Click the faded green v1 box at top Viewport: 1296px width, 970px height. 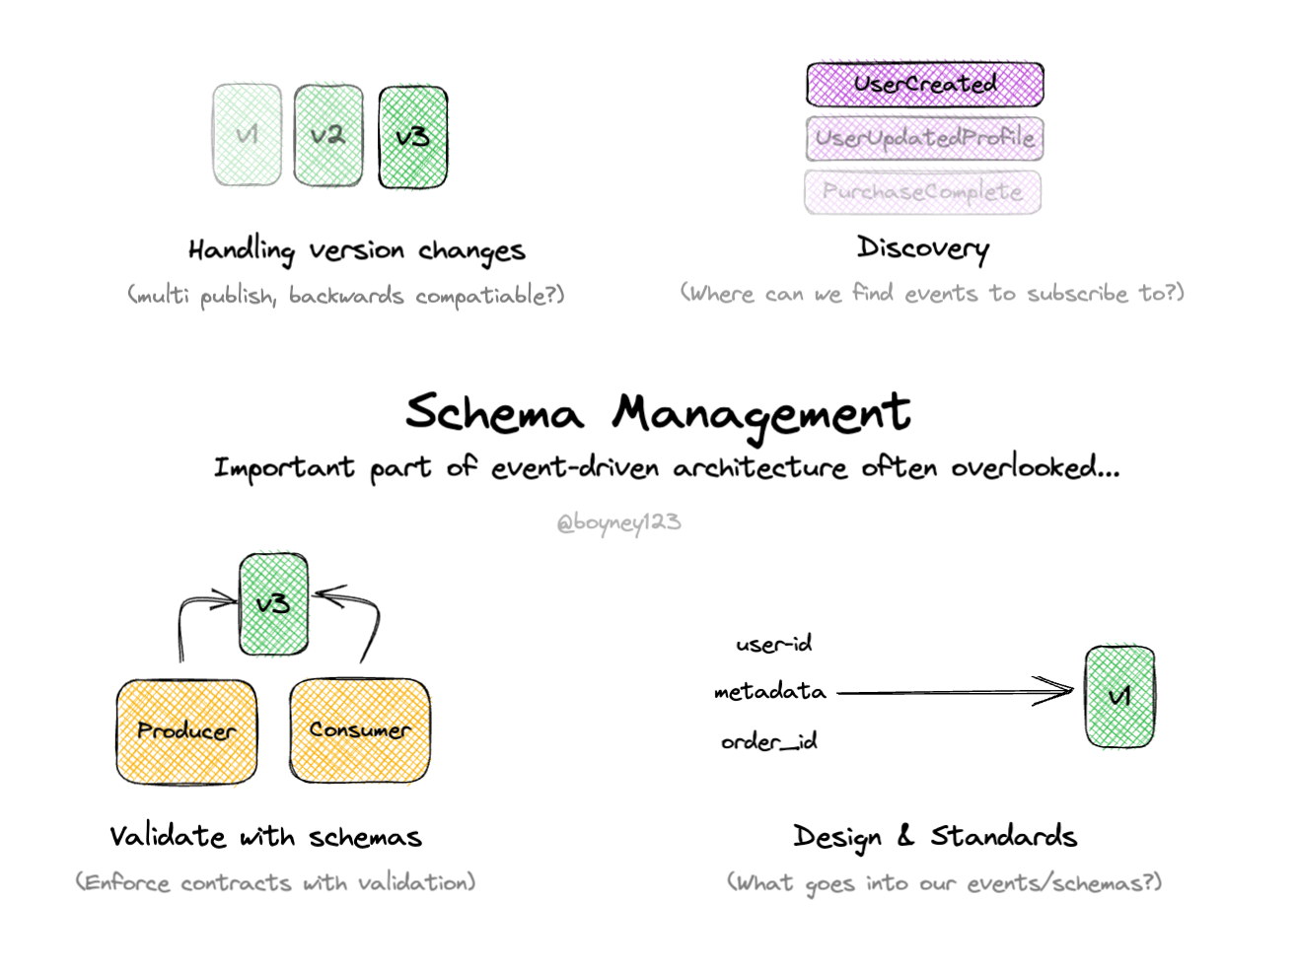pos(247,135)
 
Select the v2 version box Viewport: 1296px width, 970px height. pos(327,135)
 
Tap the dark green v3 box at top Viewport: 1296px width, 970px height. pos(412,137)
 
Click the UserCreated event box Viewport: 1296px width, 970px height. pos(924,85)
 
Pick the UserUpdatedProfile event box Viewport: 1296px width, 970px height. pos(924,138)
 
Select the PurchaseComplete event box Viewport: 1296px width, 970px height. pos(922,191)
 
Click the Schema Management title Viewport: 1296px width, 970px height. pos(657,412)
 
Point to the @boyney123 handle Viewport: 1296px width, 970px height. pos(618,521)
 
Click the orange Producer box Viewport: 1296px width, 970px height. pos(186,730)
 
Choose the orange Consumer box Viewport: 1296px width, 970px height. pos(359,729)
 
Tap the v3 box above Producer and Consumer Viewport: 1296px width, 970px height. pos(273,603)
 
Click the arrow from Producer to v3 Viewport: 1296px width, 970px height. pos(192,611)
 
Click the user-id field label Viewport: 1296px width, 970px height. pos(773,645)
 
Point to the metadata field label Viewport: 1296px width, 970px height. pos(769,692)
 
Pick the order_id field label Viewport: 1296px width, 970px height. pos(768,741)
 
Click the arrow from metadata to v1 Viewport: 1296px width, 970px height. pos(952,692)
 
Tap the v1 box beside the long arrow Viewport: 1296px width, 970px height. pos(1118,696)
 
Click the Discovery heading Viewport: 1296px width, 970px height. pos(922,247)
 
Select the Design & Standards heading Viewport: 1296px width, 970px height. pos(934,837)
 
